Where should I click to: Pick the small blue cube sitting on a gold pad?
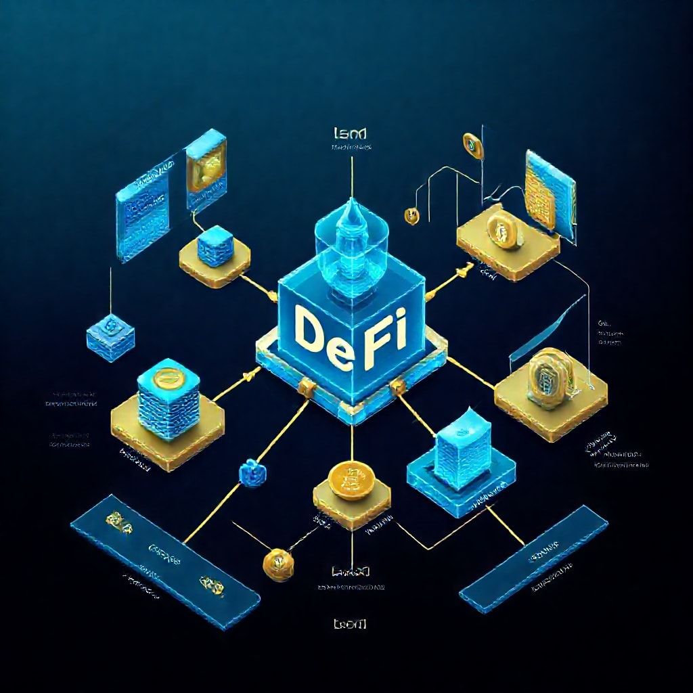click(216, 244)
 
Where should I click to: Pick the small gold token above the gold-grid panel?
click(469, 143)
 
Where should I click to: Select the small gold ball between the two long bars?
click(278, 561)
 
